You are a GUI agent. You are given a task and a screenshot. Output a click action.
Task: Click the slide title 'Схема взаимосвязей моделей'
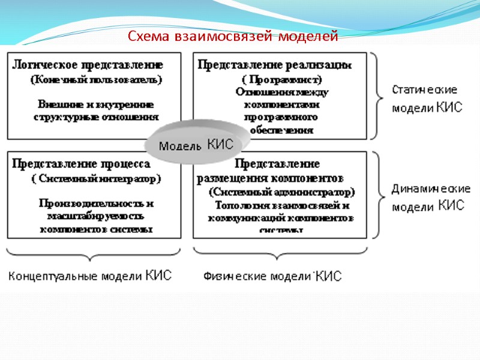pos(233,37)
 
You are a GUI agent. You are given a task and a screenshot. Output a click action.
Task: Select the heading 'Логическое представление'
pos(88,64)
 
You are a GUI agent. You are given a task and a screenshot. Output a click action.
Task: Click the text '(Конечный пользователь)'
pos(97,79)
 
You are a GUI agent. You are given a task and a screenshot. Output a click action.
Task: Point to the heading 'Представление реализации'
pos(275,65)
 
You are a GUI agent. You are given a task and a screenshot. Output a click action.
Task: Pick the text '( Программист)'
pos(277,79)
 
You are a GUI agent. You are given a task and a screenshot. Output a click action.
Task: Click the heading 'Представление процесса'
pos(82,163)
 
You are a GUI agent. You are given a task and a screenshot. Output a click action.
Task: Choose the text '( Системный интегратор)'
pos(96,178)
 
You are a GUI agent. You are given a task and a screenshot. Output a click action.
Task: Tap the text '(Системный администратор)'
pos(281,193)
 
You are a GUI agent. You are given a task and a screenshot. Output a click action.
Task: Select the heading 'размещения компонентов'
pos(270,178)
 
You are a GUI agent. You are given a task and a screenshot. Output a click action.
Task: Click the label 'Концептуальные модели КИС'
pos(90,276)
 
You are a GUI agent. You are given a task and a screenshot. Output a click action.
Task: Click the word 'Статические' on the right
pos(425,90)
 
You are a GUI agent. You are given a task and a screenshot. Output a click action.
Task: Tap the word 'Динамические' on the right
pos(431,188)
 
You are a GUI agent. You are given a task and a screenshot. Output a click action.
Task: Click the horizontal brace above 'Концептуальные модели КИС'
pos(94,254)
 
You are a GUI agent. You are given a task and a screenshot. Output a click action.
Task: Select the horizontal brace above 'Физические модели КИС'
pos(280,254)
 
